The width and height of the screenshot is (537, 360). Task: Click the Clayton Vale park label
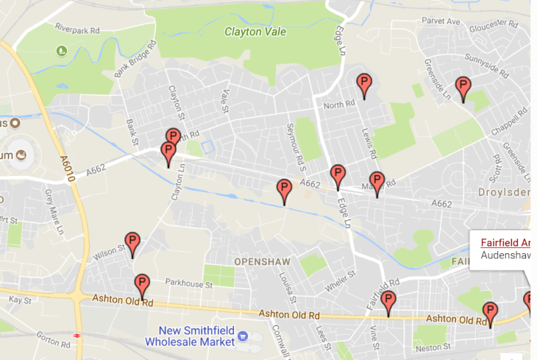coord(255,32)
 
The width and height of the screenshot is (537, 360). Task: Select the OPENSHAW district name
coord(263,262)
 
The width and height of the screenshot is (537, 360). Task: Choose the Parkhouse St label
coord(188,283)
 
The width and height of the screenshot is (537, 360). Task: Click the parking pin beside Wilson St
coord(132,244)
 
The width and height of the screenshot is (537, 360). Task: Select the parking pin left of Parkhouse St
coord(142,285)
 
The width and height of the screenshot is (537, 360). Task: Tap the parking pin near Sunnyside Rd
coord(463,88)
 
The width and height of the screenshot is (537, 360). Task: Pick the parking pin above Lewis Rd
coord(363,85)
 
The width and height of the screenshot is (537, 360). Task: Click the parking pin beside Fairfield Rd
coord(388,302)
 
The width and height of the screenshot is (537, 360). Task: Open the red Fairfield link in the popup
coord(506,242)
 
